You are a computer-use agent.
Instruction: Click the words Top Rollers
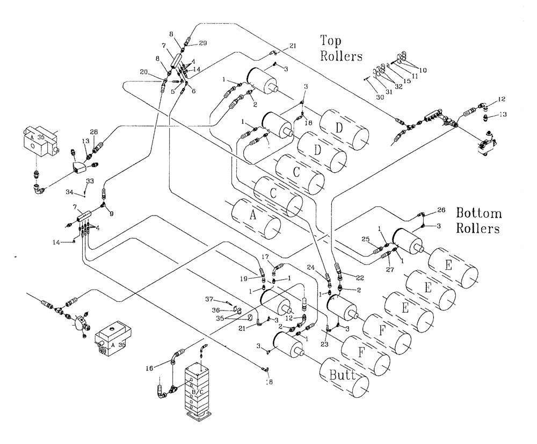(x=341, y=48)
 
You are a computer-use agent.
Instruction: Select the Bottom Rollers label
(x=478, y=220)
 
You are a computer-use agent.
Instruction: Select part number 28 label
(x=95, y=132)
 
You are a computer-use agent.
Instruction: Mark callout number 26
(x=441, y=210)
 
